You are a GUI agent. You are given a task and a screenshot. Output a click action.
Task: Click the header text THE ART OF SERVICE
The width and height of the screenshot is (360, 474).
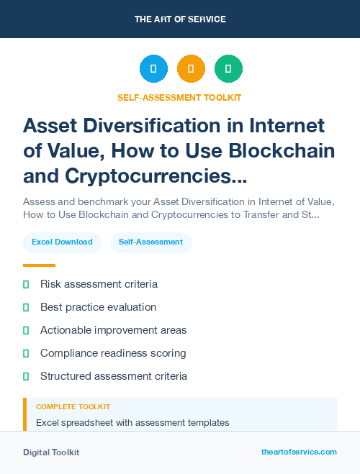pos(180,19)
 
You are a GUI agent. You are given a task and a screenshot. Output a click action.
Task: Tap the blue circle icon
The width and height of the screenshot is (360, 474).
pos(153,69)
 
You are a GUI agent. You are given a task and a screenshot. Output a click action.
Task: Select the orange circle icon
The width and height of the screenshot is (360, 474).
pos(191,69)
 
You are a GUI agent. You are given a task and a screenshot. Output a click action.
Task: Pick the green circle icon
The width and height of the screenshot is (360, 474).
pos(228,69)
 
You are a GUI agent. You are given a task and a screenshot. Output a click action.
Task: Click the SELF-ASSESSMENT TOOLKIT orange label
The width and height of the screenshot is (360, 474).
pos(180,97)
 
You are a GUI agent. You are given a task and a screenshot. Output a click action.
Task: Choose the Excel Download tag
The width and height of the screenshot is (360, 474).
pos(62,242)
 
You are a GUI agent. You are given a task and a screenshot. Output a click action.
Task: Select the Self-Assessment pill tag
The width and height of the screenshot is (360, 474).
pos(151,242)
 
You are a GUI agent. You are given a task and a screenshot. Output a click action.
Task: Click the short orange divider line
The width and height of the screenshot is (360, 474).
pos(39,265)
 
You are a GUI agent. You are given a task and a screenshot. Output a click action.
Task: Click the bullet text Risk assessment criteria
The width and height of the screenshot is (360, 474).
pos(99,284)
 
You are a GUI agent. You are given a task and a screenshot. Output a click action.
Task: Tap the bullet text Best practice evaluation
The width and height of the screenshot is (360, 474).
pos(98,307)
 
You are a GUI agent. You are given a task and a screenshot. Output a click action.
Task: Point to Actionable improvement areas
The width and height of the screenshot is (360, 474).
pos(113,330)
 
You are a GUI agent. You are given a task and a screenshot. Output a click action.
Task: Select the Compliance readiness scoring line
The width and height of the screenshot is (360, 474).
pos(113,353)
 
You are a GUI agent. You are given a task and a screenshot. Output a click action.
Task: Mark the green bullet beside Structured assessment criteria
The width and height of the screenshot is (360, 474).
pos(26,376)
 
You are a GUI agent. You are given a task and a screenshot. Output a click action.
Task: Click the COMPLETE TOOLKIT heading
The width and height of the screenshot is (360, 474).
pos(73,407)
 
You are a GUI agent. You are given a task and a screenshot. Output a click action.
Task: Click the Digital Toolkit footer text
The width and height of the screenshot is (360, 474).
pos(51,452)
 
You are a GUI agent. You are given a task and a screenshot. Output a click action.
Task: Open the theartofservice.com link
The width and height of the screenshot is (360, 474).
pos(299,452)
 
